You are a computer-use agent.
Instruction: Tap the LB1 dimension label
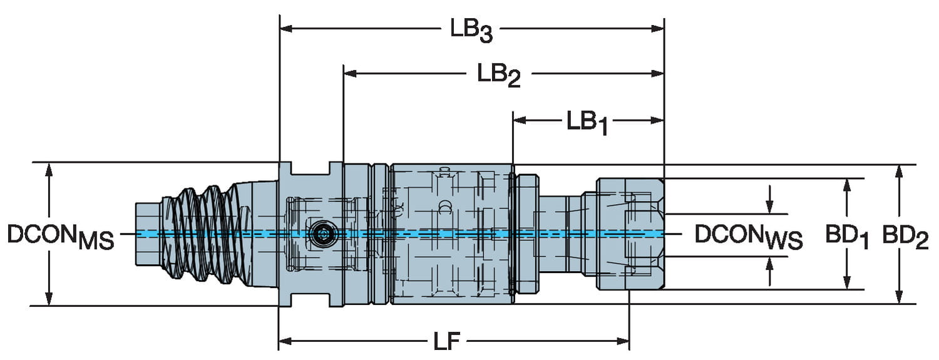pyautogui.click(x=587, y=123)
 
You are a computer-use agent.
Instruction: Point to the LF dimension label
pyautogui.click(x=447, y=342)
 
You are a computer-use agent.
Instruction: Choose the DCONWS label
pyautogui.click(x=749, y=236)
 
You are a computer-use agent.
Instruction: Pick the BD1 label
pyautogui.click(x=846, y=237)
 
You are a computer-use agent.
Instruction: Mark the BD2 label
pyautogui.click(x=905, y=237)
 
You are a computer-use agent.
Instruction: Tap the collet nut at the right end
pyautogui.click(x=629, y=234)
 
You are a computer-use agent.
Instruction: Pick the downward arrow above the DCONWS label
pyautogui.click(x=770, y=207)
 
